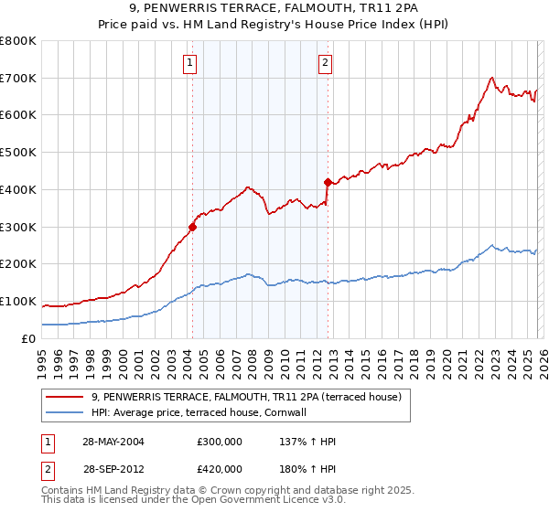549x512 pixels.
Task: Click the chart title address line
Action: point(274,8)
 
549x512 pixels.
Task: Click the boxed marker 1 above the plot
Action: point(189,63)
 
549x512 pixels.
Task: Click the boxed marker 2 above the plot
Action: point(326,63)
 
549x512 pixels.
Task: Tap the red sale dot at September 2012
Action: point(327,182)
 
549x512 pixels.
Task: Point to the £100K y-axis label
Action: point(18,302)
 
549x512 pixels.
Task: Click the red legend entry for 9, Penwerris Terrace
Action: point(239,397)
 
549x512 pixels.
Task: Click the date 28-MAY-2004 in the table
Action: point(113,442)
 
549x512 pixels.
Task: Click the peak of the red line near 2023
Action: point(492,77)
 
